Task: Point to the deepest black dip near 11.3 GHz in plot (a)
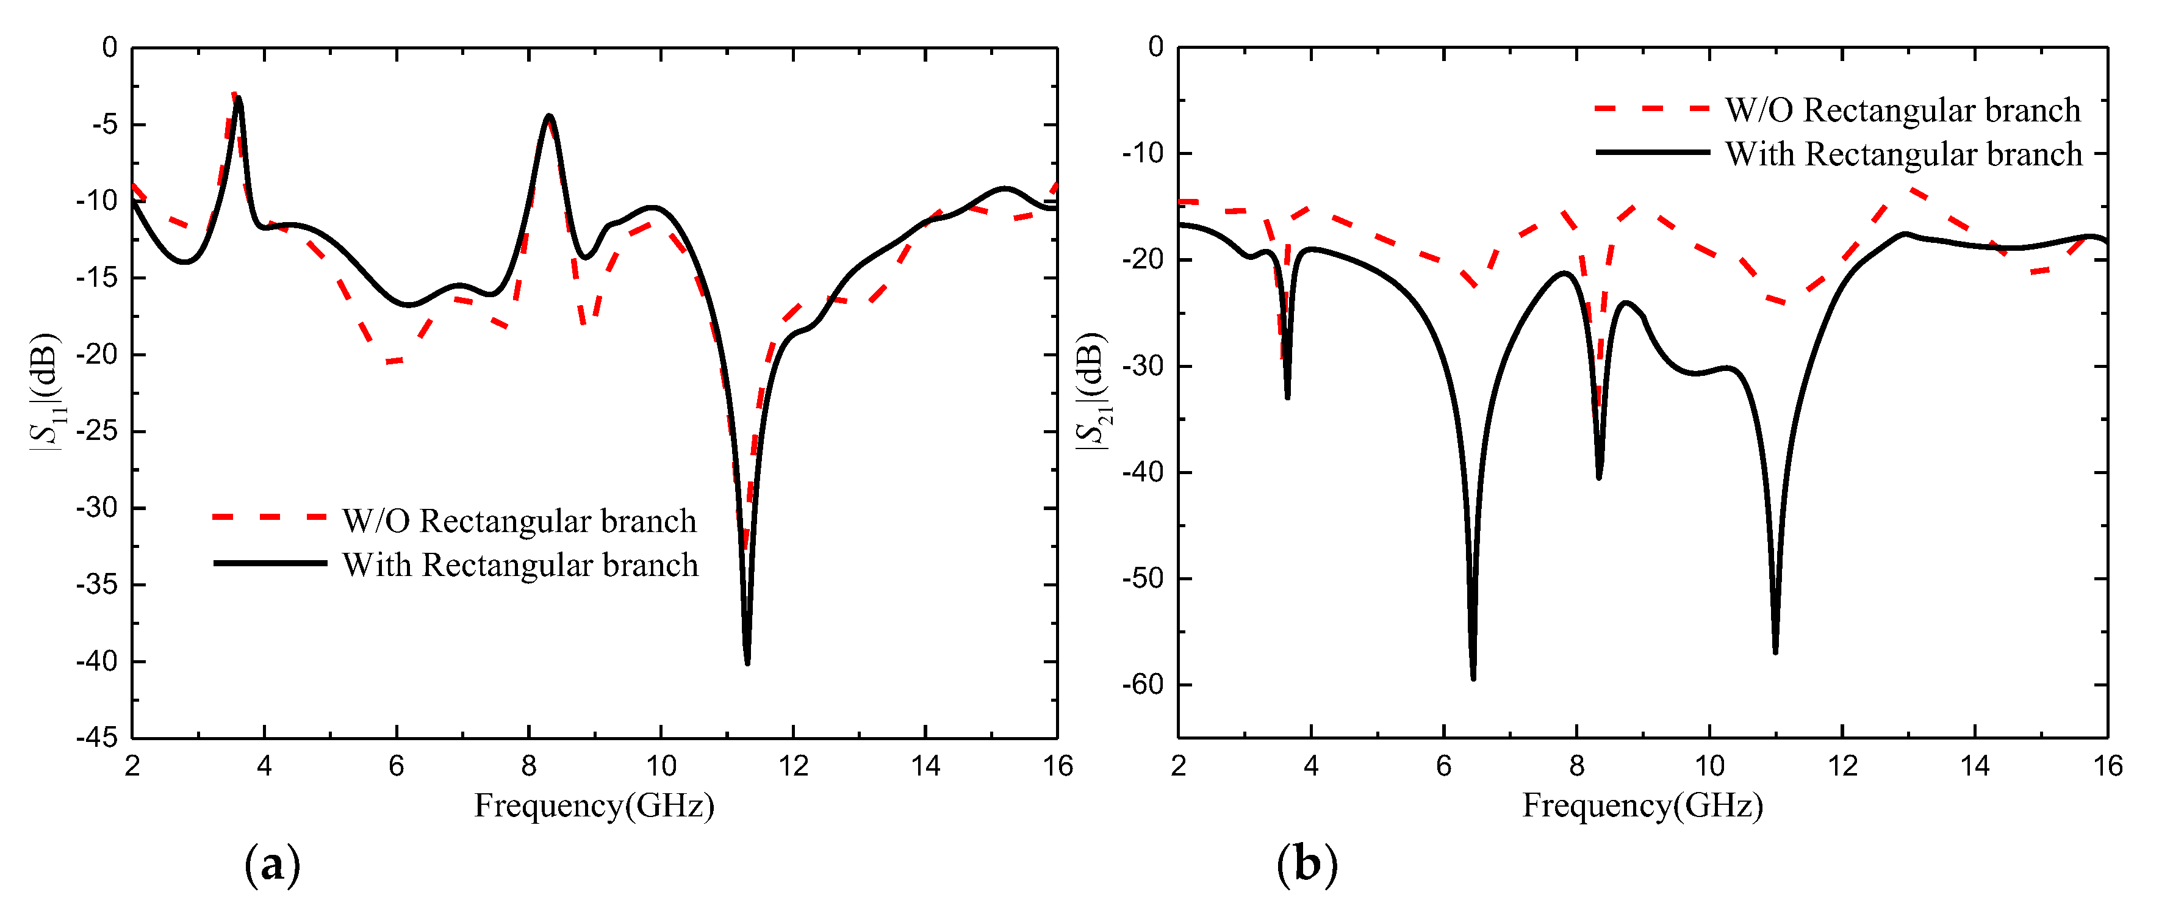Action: (x=747, y=662)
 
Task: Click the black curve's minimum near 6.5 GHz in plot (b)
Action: (x=1473, y=677)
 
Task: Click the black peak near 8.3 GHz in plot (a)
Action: (x=549, y=117)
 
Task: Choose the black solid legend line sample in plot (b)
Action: (x=1652, y=153)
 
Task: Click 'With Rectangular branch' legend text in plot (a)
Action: (x=520, y=565)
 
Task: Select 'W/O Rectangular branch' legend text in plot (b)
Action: (x=1903, y=110)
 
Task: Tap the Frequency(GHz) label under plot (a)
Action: (x=594, y=805)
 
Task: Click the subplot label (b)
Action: (x=1307, y=864)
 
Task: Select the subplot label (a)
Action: (x=271, y=864)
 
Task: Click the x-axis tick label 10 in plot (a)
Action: (x=661, y=765)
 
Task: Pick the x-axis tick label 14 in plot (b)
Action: (x=1975, y=765)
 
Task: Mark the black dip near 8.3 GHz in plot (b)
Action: (x=1599, y=477)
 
